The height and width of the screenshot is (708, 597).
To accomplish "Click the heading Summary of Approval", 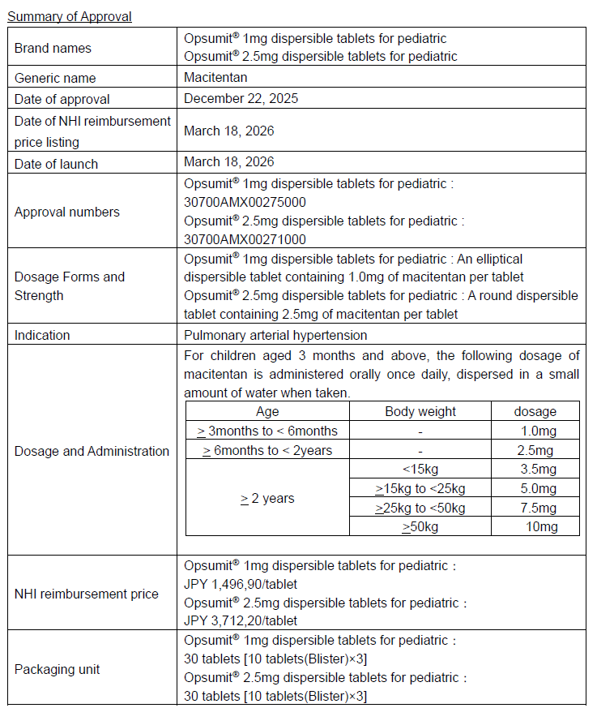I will point(70,16).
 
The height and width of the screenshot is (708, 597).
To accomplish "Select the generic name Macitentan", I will point(215,77).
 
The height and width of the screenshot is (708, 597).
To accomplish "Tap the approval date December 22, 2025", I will point(241,98).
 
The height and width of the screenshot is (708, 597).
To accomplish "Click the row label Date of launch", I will point(56,163).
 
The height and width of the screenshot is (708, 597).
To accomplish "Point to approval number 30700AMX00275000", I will point(245,202).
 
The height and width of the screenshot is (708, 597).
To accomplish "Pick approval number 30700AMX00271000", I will point(245,238).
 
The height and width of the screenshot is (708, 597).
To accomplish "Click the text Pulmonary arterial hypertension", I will point(275,335).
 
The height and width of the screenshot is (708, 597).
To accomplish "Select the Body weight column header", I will point(420,411).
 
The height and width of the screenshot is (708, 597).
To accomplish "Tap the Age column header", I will point(267,411).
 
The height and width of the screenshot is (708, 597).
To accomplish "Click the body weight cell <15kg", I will point(420,469).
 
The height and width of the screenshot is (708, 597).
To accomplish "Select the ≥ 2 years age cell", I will point(267,498).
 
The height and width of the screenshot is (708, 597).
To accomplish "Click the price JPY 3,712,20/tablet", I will point(240,620).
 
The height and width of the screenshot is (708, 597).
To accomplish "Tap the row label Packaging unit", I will point(58,669).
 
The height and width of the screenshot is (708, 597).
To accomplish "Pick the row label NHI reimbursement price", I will point(87,594).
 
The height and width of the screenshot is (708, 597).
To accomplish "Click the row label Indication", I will point(42,335).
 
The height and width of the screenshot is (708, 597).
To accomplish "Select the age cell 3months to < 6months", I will point(267,431).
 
